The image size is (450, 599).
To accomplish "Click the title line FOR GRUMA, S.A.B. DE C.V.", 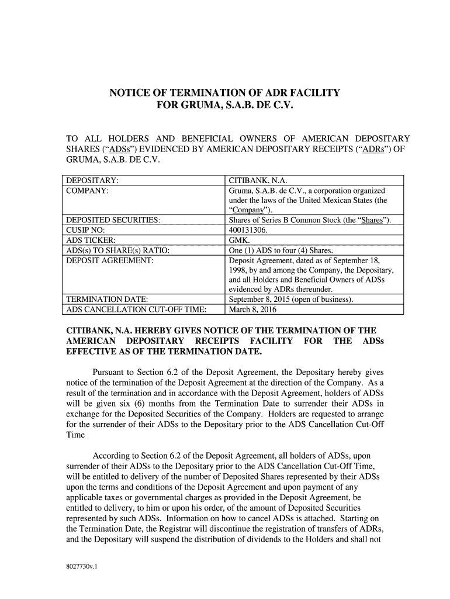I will click(224, 106).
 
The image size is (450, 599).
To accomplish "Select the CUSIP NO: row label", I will click(85, 230).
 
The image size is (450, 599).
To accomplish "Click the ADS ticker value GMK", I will click(240, 240).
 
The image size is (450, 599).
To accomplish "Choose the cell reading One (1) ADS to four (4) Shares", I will click(286, 250).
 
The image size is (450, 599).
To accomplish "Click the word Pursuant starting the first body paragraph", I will click(112, 373).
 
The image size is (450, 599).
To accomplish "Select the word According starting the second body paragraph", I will click(115, 455).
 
